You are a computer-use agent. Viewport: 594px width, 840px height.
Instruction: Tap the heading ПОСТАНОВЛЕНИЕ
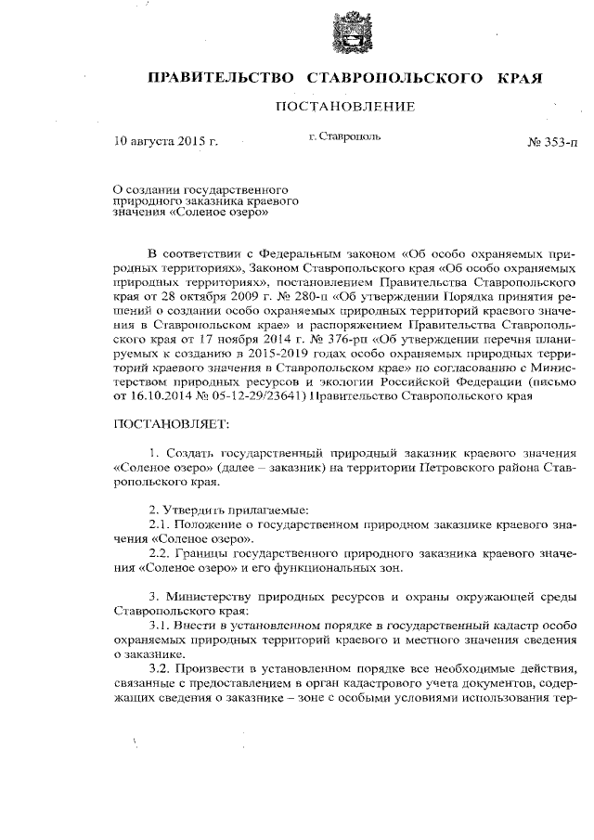click(x=344, y=108)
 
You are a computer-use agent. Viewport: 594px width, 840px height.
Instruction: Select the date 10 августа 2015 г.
click(x=164, y=143)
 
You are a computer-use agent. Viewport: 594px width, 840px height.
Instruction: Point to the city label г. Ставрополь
click(x=343, y=136)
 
